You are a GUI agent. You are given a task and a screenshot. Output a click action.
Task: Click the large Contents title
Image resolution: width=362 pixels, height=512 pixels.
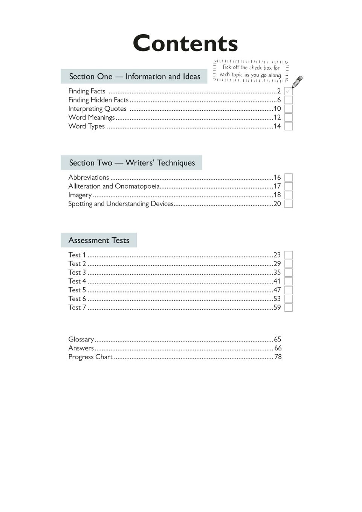(185, 43)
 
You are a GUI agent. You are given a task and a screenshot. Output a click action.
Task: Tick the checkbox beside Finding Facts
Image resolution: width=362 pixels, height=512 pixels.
(289, 91)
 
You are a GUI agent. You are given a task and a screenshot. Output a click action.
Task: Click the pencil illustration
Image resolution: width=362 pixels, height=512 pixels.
(297, 82)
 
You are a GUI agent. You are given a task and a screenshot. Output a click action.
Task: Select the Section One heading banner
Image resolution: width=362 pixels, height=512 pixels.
(134, 76)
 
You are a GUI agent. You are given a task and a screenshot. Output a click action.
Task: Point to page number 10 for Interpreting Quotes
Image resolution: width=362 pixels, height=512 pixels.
(277, 109)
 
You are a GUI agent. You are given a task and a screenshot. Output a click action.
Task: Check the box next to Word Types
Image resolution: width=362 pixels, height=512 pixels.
(289, 126)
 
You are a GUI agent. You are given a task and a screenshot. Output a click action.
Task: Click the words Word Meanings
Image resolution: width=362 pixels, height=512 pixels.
(92, 117)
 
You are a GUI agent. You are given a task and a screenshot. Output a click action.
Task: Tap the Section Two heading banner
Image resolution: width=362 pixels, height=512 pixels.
(131, 163)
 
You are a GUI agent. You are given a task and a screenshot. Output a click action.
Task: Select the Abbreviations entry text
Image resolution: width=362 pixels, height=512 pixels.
(89, 177)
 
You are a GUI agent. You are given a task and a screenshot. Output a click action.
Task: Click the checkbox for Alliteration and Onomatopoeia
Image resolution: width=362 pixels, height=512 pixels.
(289, 186)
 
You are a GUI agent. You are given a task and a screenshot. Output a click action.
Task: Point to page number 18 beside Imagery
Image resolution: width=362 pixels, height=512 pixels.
(277, 195)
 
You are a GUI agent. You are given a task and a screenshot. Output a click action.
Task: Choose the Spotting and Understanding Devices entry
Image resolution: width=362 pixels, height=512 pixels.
(121, 204)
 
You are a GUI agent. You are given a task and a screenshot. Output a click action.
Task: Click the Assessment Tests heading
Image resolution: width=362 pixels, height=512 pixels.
(99, 240)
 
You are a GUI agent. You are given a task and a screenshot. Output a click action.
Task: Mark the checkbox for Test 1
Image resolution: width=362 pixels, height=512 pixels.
(289, 255)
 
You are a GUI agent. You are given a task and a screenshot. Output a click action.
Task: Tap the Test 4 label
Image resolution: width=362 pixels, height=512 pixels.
(77, 281)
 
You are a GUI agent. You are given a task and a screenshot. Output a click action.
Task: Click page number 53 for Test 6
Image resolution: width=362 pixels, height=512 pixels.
(277, 299)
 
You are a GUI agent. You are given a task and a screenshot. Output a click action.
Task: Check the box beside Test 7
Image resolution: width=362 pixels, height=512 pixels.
(289, 308)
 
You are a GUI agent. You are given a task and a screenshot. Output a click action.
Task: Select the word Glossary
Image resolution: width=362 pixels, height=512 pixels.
(81, 339)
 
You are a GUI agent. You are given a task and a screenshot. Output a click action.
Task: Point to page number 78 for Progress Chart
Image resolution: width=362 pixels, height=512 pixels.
(278, 357)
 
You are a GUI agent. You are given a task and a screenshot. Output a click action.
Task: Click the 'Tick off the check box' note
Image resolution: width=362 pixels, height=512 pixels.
(251, 71)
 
